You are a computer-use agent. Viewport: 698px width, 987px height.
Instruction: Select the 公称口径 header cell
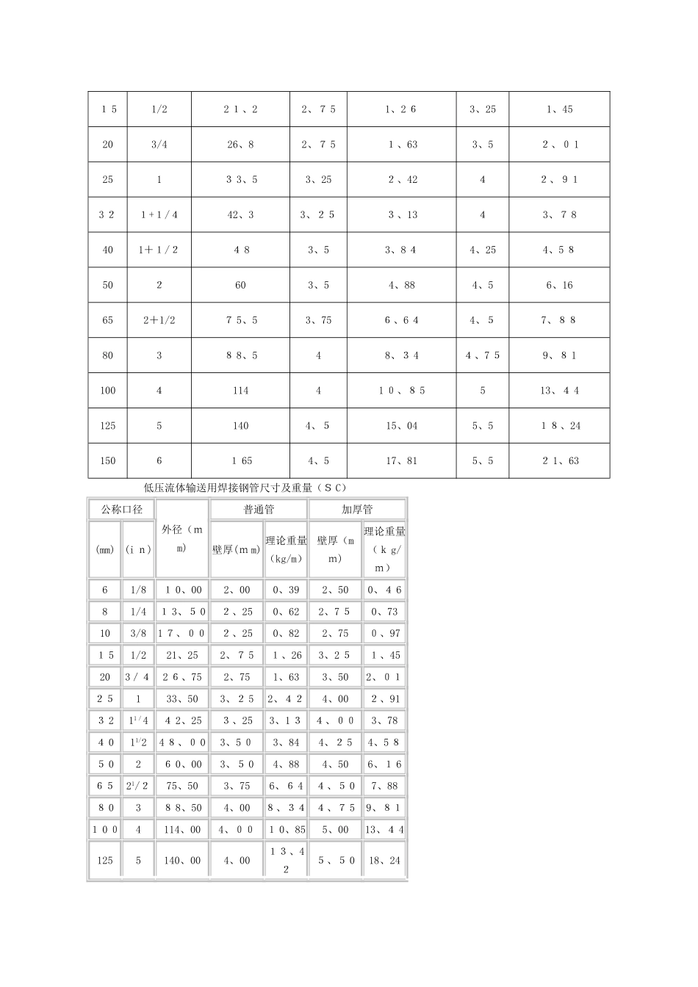(x=121, y=509)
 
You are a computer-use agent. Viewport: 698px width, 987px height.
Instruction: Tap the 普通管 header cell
(x=259, y=509)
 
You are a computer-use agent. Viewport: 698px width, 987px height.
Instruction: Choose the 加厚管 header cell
(x=357, y=509)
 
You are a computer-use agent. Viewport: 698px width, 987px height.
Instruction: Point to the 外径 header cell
(x=182, y=539)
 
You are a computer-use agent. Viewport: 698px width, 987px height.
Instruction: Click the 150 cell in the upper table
(x=108, y=460)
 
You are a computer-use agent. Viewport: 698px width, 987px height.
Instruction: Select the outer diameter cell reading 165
(x=241, y=460)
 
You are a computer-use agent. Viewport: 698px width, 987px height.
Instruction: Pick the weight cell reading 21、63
(x=561, y=460)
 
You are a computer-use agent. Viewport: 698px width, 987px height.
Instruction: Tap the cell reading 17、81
(x=401, y=460)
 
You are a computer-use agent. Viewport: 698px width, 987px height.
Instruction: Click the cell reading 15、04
(x=401, y=425)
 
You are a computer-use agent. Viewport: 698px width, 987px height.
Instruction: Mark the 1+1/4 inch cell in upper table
(x=159, y=214)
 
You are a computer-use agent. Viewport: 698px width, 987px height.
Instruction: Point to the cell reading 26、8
(x=241, y=145)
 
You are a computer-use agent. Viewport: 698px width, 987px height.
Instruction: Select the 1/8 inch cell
(x=138, y=590)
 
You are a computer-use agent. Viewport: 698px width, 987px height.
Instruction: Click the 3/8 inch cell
(x=138, y=633)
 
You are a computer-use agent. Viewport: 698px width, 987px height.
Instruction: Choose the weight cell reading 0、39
(x=286, y=590)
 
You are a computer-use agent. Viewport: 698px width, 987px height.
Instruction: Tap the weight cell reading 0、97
(x=384, y=633)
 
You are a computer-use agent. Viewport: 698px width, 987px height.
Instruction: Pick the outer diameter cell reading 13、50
(x=184, y=611)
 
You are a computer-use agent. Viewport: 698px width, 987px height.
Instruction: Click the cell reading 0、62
(x=286, y=611)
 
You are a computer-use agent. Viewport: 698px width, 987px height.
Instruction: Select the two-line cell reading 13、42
(x=286, y=860)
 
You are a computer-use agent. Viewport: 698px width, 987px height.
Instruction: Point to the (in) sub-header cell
(x=138, y=549)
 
